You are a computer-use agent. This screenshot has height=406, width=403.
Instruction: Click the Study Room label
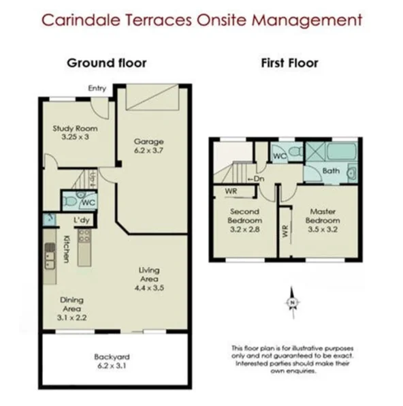pos(75,129)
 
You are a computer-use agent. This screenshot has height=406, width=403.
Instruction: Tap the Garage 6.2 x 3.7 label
pos(148,146)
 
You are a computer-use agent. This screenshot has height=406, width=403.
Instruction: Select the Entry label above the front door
pos(97,89)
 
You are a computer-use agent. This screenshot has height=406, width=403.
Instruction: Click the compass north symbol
pos(293,302)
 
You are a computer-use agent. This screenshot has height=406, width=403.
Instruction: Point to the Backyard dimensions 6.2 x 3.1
pos(112,366)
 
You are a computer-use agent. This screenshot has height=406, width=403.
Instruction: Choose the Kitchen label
pos(67,249)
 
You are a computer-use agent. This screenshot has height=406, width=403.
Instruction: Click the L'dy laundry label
pos(82,220)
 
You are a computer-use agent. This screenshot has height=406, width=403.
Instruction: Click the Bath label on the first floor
pos(331,171)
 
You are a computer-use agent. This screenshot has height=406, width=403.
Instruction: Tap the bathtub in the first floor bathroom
pos(341,151)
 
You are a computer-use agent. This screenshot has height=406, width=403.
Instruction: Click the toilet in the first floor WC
pos(296,151)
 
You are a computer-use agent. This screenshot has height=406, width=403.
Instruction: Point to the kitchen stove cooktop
pos(84,236)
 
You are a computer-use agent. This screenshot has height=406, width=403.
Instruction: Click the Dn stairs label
pos(256,178)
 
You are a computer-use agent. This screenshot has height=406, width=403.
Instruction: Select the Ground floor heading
pos(107,63)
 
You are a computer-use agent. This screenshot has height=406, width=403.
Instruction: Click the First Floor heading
pos(289,63)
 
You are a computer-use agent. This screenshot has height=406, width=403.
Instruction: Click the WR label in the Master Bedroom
pos(285,231)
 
